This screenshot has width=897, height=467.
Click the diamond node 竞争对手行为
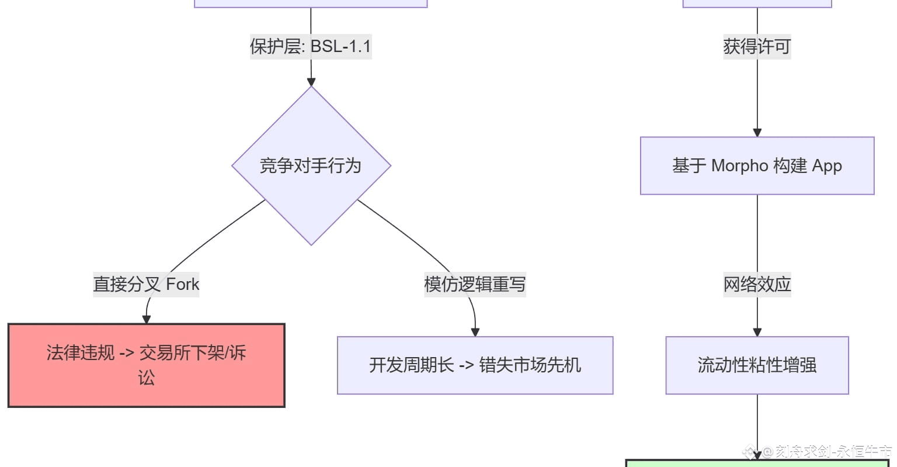(311, 166)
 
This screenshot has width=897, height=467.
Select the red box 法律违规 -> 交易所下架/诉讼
(146, 365)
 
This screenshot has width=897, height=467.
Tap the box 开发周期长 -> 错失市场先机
(475, 365)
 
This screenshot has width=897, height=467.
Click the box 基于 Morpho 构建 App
(757, 166)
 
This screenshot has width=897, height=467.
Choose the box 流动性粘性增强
(757, 365)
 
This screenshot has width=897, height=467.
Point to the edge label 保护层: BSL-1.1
(311, 46)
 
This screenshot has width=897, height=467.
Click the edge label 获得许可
(757, 46)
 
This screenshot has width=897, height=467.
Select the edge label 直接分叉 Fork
(146, 284)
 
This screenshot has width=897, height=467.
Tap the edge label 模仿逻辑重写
(475, 284)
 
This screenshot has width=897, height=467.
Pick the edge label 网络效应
(757, 284)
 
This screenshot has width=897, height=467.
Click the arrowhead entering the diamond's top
(311, 82)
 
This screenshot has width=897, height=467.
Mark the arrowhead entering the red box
(147, 319)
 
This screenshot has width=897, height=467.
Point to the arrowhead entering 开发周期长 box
(475, 332)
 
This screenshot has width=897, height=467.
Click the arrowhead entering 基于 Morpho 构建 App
(757, 133)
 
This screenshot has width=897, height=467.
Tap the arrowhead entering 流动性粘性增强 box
(757, 332)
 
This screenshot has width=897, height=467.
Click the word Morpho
(739, 166)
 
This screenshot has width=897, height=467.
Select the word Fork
(183, 284)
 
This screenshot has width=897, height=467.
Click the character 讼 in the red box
(146, 378)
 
